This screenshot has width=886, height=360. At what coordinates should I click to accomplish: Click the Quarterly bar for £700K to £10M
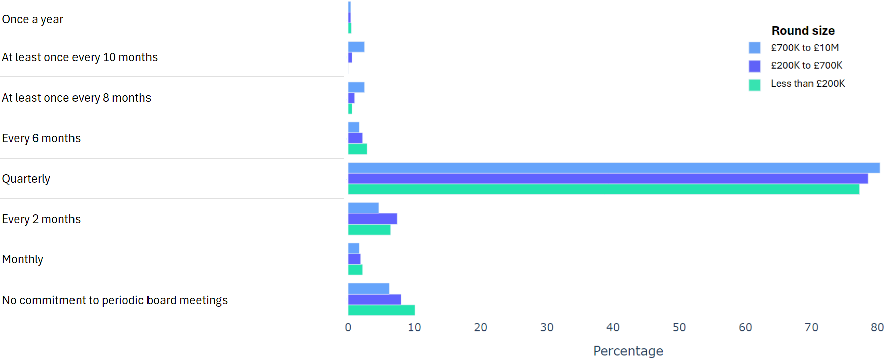tap(614, 168)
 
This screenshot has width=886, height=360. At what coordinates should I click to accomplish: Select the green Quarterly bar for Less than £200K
tap(604, 189)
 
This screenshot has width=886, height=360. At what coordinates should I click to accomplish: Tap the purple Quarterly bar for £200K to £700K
tap(608, 179)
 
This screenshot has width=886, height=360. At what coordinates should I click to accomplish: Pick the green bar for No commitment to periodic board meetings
tap(381, 310)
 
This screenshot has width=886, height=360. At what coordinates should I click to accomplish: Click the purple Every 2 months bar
tap(373, 219)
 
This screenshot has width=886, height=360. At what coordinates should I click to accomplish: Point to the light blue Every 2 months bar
tap(363, 208)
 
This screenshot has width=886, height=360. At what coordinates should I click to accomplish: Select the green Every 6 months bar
tap(357, 149)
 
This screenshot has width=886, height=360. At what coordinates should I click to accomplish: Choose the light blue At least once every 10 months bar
tap(356, 47)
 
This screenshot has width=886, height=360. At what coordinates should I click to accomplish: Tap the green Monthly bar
tap(355, 270)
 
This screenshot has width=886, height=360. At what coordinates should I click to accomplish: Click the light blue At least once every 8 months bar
tap(356, 87)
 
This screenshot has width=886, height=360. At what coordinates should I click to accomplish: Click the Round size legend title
tap(803, 31)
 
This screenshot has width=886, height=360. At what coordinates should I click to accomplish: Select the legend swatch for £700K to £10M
tap(754, 48)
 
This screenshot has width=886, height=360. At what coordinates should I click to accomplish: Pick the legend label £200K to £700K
tap(806, 65)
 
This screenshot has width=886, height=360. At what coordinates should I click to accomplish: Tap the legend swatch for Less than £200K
tap(754, 85)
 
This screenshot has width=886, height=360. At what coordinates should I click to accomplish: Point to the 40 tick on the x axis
tap(613, 327)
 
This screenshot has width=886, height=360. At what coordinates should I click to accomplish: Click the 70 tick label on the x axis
tap(811, 327)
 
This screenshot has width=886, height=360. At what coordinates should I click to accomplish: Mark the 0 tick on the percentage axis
tap(348, 327)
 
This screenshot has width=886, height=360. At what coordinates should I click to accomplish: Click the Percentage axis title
tap(628, 351)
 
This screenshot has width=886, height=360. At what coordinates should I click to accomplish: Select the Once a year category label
tap(33, 19)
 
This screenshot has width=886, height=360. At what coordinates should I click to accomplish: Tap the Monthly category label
tap(23, 259)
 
